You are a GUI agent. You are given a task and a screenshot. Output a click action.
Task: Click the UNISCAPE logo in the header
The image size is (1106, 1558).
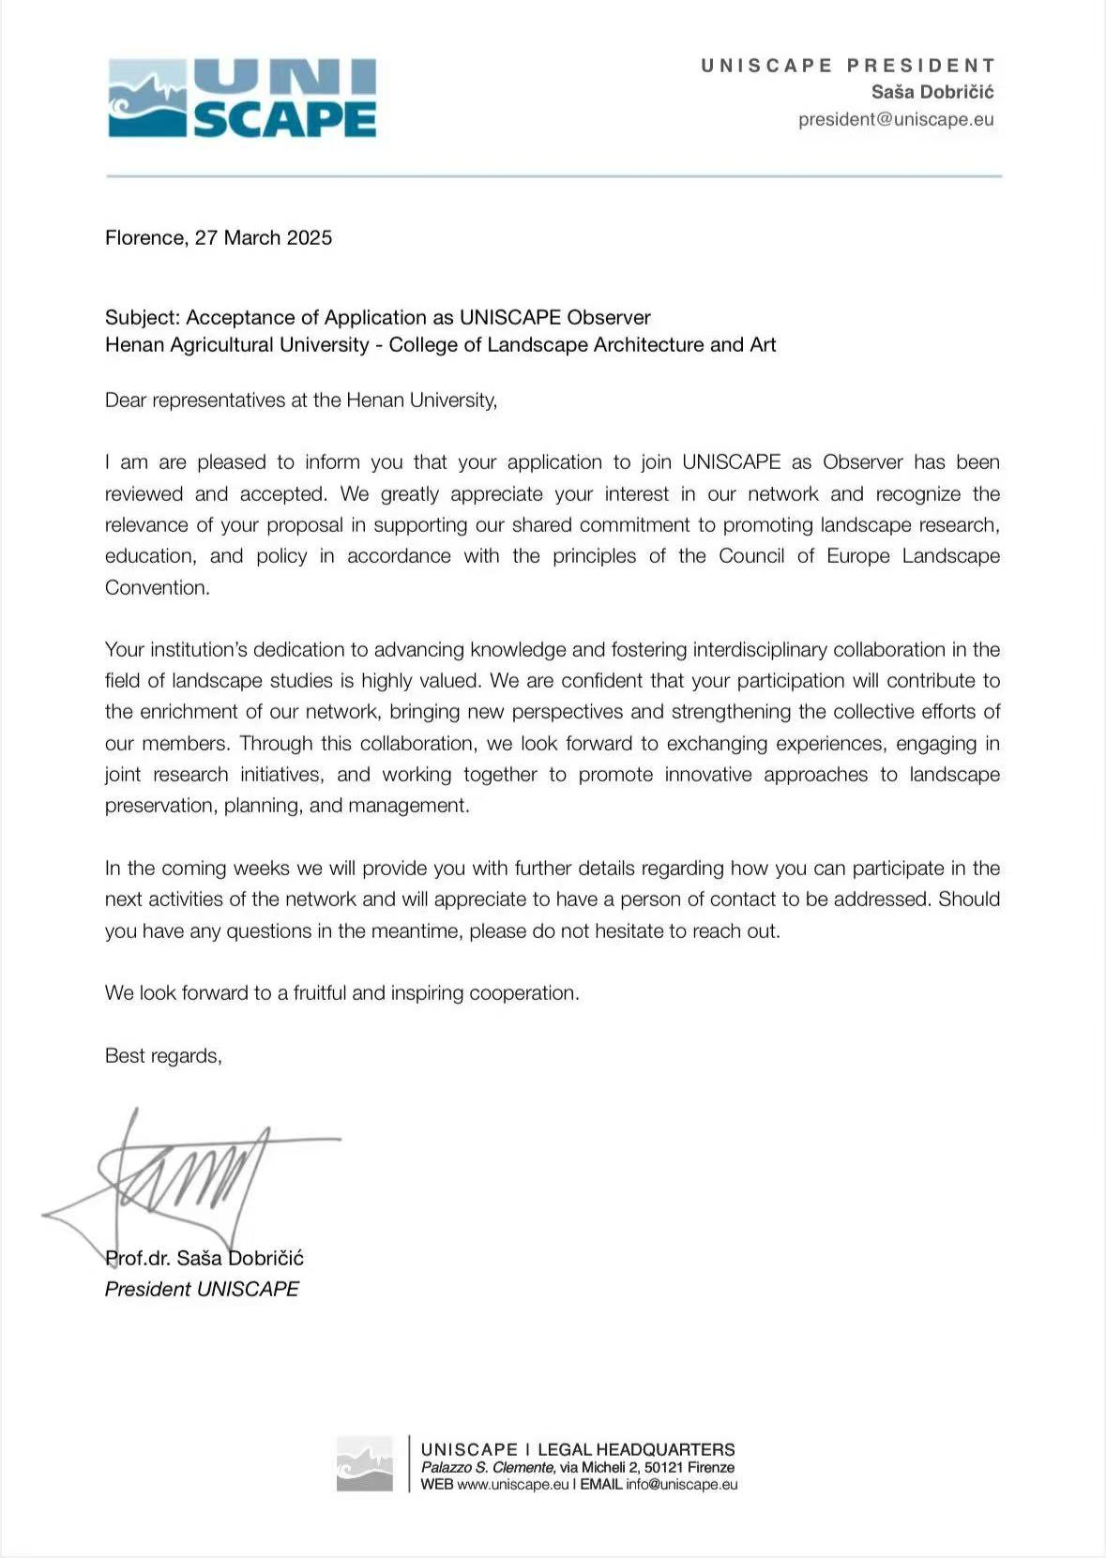242,98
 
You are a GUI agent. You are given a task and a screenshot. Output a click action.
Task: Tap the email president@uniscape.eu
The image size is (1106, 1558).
896,119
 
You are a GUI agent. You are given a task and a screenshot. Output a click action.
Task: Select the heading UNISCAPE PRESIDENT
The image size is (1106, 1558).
847,66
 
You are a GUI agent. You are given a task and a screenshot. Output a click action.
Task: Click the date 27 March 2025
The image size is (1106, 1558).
264,238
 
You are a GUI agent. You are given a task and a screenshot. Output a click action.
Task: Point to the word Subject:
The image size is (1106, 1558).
142,318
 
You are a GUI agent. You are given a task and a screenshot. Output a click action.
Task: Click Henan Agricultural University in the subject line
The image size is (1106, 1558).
236,345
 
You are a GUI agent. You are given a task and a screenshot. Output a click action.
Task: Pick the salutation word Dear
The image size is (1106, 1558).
126,401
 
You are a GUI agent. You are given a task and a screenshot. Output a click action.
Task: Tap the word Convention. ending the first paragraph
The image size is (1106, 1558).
157,588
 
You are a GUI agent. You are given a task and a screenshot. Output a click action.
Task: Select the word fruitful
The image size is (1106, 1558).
320,993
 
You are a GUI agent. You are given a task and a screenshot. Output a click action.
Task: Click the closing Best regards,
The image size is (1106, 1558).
163,1056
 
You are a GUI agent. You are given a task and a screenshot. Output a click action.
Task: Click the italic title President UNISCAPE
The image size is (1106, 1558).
202,1290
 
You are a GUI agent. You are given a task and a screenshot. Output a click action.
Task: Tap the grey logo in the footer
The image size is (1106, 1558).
365,1463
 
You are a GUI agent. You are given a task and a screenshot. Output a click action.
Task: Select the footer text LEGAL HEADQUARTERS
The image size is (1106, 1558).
636,1450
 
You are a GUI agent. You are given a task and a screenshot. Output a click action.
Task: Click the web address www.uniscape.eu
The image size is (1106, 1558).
512,1485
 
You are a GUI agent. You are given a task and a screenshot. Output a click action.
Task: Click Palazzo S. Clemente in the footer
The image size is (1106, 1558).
487,1468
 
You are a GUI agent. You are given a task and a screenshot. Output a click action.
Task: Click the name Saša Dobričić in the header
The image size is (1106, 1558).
932,92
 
